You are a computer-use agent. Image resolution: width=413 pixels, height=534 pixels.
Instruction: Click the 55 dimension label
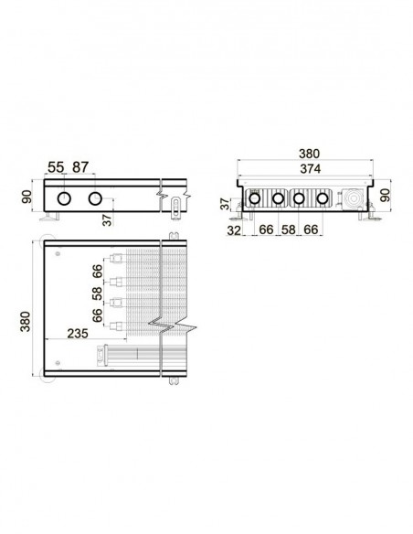click(x=56, y=167)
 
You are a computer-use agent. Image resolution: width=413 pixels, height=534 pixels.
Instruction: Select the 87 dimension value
click(x=80, y=167)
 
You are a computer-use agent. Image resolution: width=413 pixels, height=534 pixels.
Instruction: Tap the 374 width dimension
click(x=310, y=168)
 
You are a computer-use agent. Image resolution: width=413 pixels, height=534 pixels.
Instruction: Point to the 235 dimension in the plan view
click(x=78, y=334)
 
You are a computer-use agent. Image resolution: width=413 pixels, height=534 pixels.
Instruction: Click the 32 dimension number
click(x=234, y=230)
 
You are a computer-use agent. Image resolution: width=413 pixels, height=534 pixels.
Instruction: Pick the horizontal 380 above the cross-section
click(x=309, y=154)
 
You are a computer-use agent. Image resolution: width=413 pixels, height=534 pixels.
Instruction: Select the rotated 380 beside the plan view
click(x=26, y=321)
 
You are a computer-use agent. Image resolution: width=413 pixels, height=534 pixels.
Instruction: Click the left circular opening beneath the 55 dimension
click(x=64, y=198)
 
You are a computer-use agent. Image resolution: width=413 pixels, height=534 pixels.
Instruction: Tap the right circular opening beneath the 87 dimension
click(x=95, y=198)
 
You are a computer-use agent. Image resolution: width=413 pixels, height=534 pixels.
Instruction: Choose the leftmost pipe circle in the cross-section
click(x=254, y=198)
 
